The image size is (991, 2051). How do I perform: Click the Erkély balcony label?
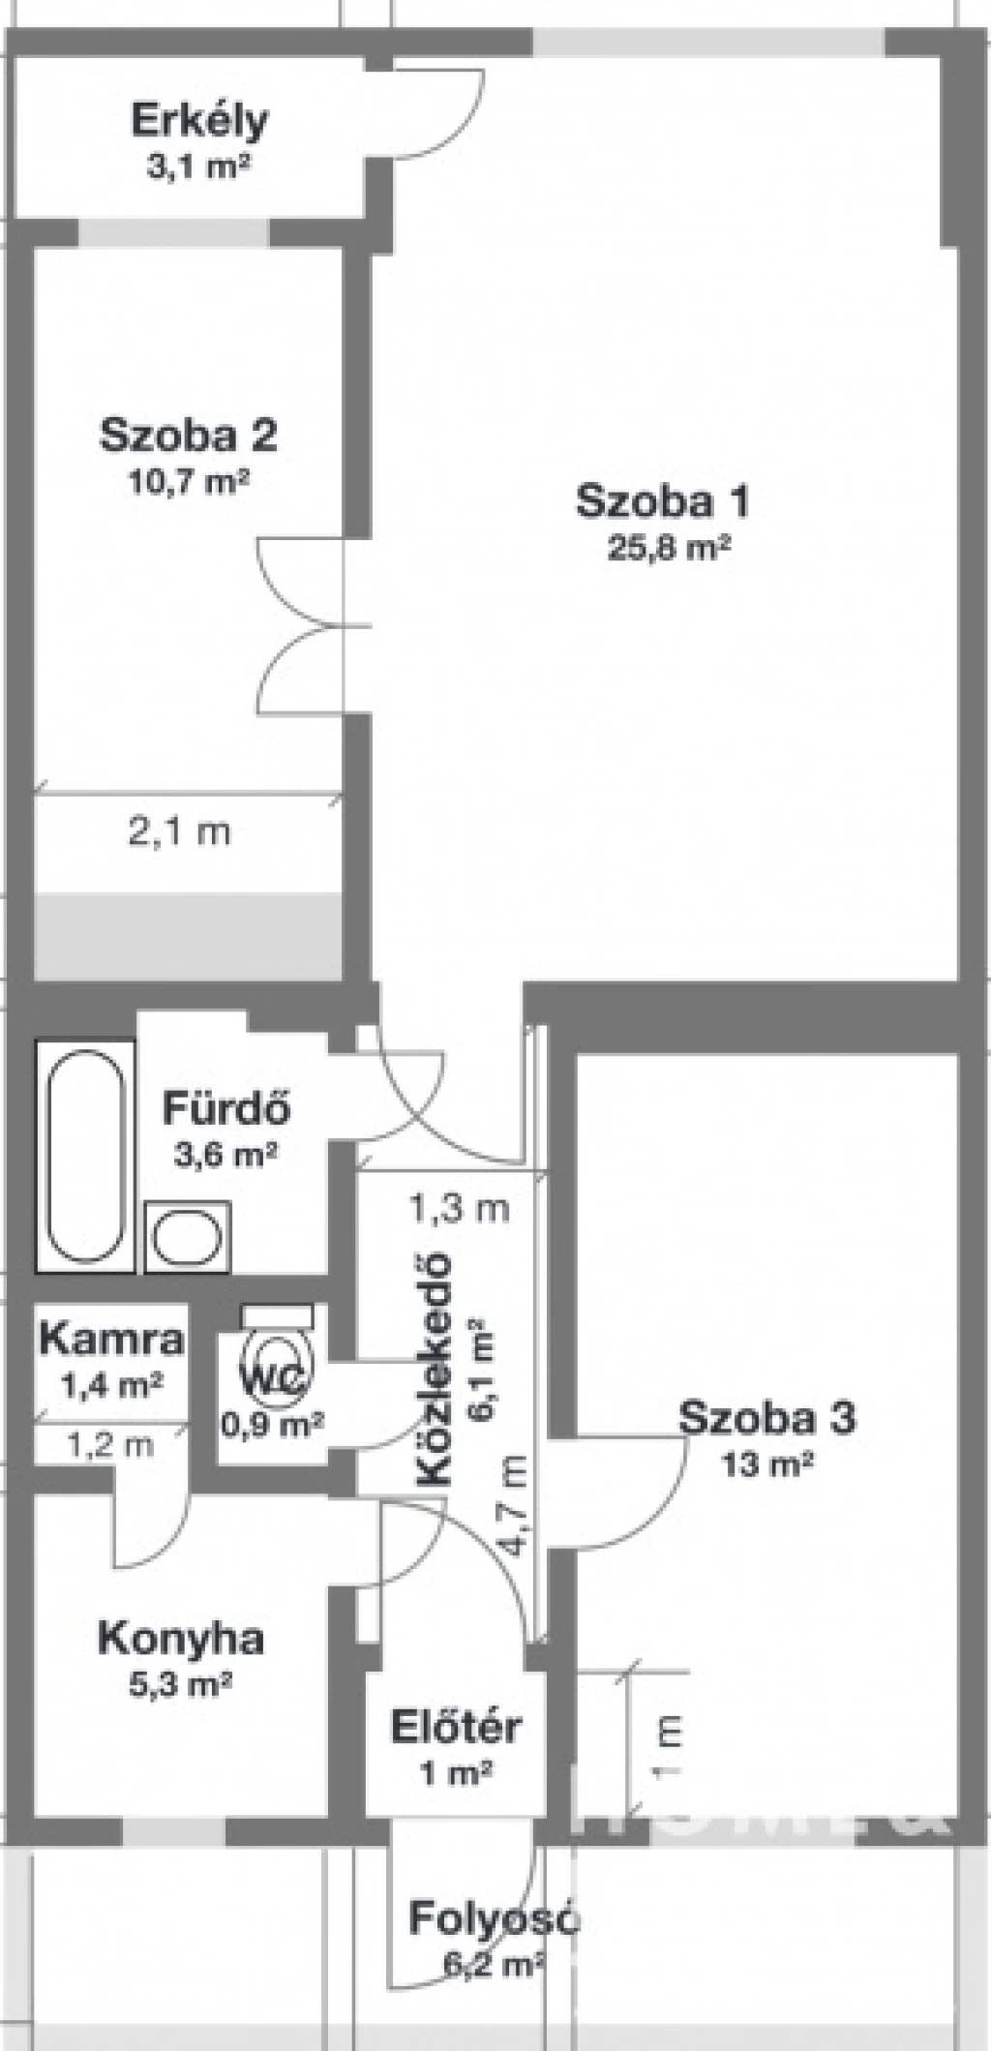tap(199, 122)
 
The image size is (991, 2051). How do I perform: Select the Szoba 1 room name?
tap(663, 501)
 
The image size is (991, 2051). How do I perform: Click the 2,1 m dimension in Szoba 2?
tap(180, 831)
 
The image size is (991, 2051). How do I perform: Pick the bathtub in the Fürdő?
tap(85, 1156)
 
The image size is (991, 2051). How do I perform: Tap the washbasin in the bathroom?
tap(189, 1238)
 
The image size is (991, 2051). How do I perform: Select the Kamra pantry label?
tap(111, 1340)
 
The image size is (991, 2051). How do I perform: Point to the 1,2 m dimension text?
tap(110, 1445)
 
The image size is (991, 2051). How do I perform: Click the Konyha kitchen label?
tap(181, 1639)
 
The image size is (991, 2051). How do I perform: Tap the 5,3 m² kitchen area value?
tap(181, 1685)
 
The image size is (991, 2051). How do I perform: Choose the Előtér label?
tap(457, 1728)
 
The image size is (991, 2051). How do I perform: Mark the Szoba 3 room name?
tap(766, 1417)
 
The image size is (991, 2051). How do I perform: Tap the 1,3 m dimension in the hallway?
tap(459, 1208)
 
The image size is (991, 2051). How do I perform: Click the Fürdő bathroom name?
tap(226, 1108)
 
